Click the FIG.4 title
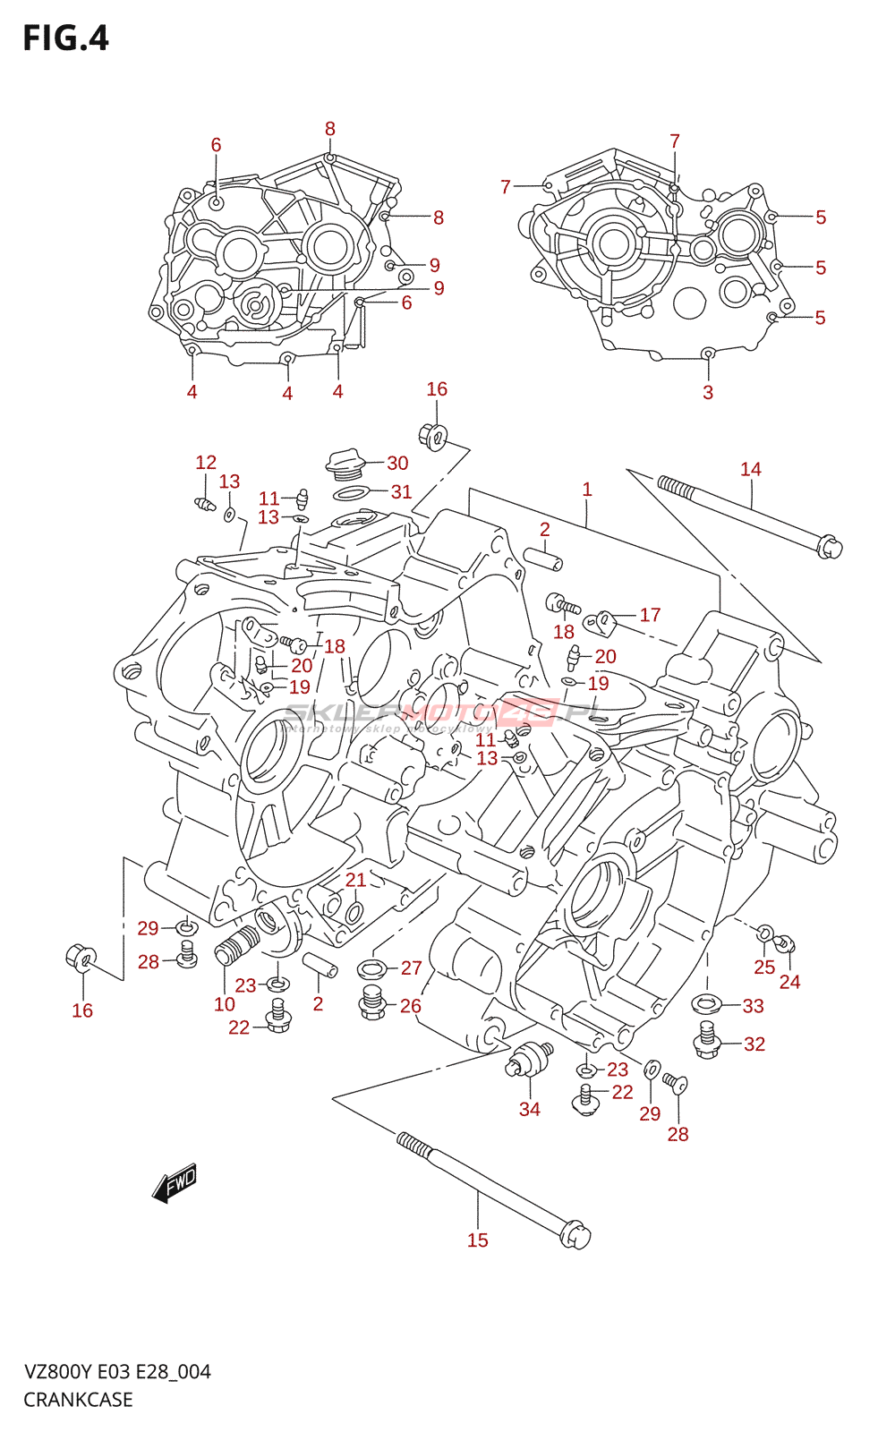coord(65,38)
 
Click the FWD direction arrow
coord(175,1183)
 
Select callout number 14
coord(750,469)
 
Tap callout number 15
coord(477,1240)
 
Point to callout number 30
coord(397,463)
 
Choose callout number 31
coord(401,491)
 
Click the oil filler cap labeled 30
coord(345,463)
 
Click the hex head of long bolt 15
coord(575,1236)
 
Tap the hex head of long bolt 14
coord(830,545)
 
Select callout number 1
coord(586,490)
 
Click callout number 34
coord(529,1109)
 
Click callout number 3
coord(707,392)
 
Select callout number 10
coord(224,1004)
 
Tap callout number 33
coord(753,1006)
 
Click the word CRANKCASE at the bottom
coord(78,1400)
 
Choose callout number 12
coord(206,462)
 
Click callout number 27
coord(411,967)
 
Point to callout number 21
coord(355,880)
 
